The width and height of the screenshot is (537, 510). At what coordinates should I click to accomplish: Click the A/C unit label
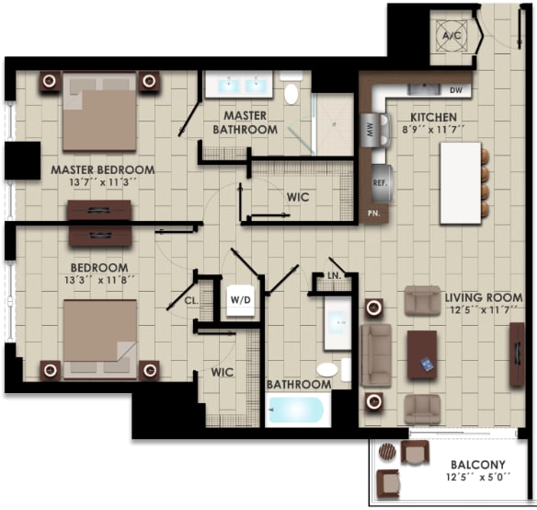pos(451,35)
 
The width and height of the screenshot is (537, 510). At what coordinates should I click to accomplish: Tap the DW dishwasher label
pos(456,90)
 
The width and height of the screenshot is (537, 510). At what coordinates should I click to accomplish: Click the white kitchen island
pos(460,184)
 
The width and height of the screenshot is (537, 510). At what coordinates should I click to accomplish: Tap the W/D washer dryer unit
pos(241,299)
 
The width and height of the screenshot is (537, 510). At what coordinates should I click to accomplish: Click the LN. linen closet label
pos(335,275)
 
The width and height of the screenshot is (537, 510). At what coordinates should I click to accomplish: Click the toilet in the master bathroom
pos(292,93)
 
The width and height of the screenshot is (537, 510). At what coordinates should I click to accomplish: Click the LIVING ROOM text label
pos(483,298)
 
